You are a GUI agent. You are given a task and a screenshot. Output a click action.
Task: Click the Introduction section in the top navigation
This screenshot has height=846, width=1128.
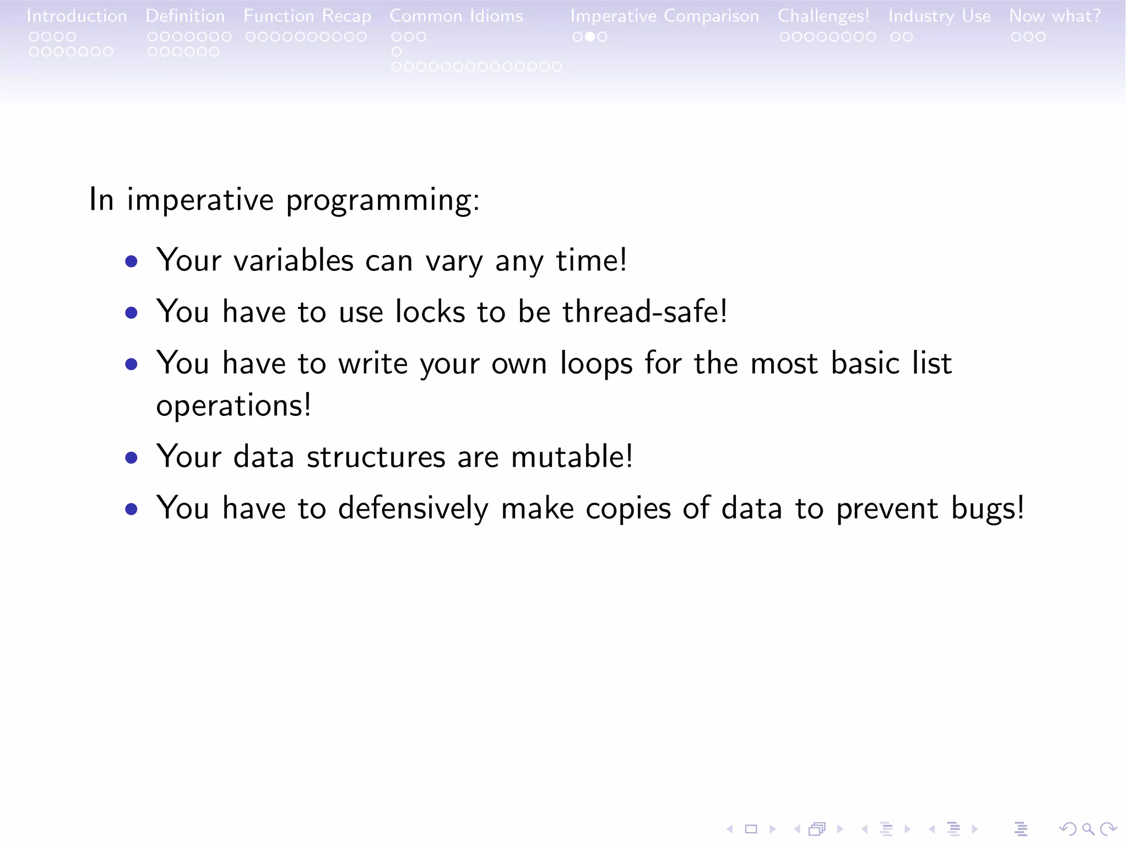click(x=77, y=16)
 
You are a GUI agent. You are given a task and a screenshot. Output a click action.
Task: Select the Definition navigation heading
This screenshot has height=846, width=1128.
click(x=185, y=16)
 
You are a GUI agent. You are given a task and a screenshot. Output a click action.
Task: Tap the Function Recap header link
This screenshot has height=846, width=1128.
click(x=307, y=16)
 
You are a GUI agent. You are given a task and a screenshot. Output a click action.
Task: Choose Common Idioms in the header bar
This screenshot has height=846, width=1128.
click(x=456, y=16)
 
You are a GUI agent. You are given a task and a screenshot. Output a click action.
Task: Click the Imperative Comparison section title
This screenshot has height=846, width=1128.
click(x=664, y=16)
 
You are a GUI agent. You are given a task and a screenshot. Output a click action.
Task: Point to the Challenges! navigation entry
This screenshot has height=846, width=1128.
click(x=823, y=16)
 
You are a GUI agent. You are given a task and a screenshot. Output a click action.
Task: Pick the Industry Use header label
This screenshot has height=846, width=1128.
click(x=939, y=16)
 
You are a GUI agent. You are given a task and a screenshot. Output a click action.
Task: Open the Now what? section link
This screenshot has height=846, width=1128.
click(x=1054, y=16)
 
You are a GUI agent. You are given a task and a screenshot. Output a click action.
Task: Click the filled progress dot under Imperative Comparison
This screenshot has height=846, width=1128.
click(x=589, y=37)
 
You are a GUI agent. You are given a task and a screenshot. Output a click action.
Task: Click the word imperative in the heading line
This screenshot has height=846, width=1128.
click(x=200, y=199)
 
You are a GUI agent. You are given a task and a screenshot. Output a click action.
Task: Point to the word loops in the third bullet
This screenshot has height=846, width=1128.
click(x=596, y=364)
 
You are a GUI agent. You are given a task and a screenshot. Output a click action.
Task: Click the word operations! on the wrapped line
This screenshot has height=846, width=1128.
click(x=234, y=406)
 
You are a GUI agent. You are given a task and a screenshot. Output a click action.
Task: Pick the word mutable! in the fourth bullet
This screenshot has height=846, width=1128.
click(x=572, y=457)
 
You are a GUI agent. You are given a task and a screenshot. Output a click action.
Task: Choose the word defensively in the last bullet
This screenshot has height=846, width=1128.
click(x=413, y=508)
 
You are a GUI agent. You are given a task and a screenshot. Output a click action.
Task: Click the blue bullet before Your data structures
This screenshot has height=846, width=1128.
click(x=131, y=458)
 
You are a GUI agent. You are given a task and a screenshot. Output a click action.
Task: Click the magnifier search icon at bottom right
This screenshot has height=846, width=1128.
click(x=1088, y=828)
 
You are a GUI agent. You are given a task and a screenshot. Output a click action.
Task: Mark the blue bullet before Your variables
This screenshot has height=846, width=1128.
click(x=131, y=261)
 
